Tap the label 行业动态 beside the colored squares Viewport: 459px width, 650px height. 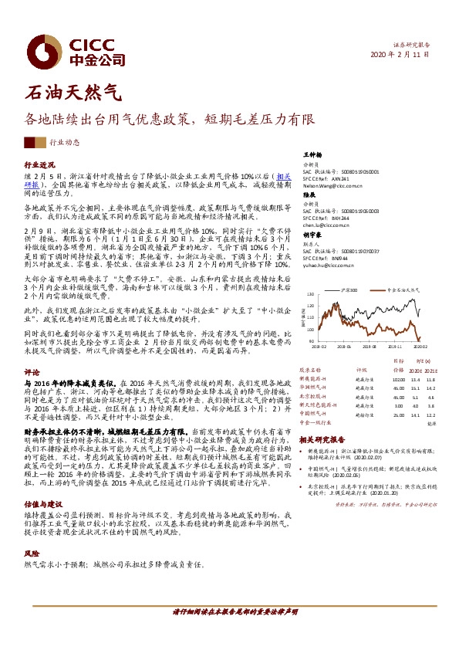[65, 142]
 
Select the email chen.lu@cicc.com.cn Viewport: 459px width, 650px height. [326, 225]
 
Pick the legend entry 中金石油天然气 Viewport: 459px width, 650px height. [400, 289]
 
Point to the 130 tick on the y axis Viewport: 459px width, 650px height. [311, 294]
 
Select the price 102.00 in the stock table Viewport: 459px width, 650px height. [398, 379]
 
